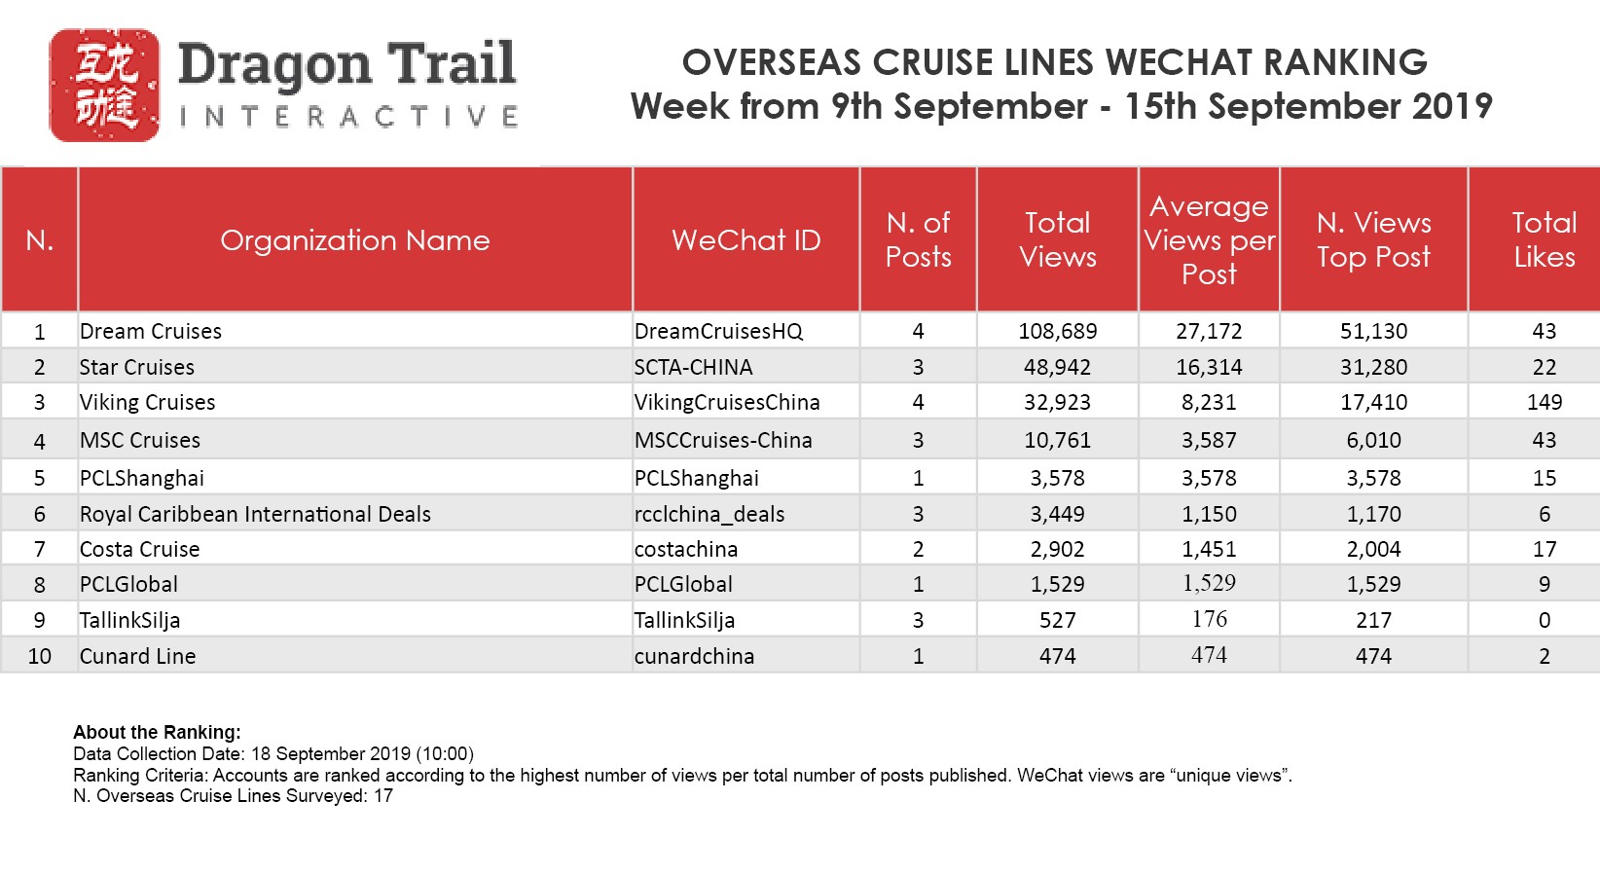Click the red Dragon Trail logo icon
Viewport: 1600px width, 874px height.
(104, 86)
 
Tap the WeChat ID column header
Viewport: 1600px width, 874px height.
(745, 240)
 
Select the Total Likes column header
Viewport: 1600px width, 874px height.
(1544, 239)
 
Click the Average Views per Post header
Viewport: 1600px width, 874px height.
(1209, 240)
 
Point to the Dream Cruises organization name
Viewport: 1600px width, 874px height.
(151, 331)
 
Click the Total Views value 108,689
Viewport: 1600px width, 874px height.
(1057, 331)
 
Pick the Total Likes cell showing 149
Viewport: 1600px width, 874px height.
(1544, 402)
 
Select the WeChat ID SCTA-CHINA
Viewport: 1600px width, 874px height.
(693, 367)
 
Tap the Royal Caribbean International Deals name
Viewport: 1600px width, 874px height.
(255, 514)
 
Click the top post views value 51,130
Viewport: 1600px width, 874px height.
(1373, 331)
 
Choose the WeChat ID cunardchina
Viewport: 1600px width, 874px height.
(694, 656)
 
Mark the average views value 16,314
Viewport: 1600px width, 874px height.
(1209, 367)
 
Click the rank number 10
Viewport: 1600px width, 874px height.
(40, 656)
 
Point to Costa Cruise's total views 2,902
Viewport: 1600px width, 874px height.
(1057, 549)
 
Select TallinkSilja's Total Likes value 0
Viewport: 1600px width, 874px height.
(1544, 620)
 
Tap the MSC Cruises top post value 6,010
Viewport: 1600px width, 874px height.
(1373, 440)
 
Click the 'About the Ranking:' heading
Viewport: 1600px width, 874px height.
(157, 732)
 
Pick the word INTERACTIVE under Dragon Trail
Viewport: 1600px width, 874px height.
(348, 118)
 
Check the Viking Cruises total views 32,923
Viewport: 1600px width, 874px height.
(1057, 402)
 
